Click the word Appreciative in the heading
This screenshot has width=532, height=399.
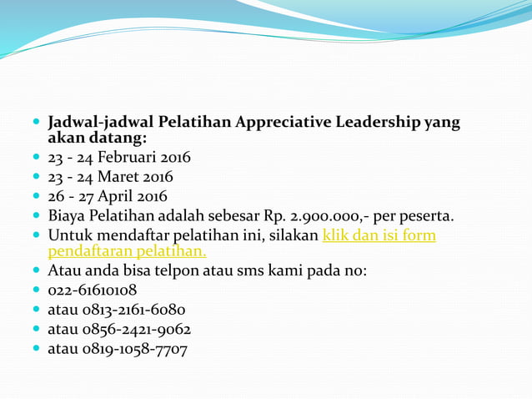tap(284, 123)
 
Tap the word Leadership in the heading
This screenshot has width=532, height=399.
tap(379, 123)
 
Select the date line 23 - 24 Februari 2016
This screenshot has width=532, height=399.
tap(119, 157)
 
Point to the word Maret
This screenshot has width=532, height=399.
tap(120, 177)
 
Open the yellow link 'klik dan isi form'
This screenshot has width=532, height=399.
tap(379, 236)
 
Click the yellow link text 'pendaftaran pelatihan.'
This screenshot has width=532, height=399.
tap(127, 250)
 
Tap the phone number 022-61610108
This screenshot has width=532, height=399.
tap(93, 290)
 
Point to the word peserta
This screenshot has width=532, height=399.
tap(425, 217)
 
